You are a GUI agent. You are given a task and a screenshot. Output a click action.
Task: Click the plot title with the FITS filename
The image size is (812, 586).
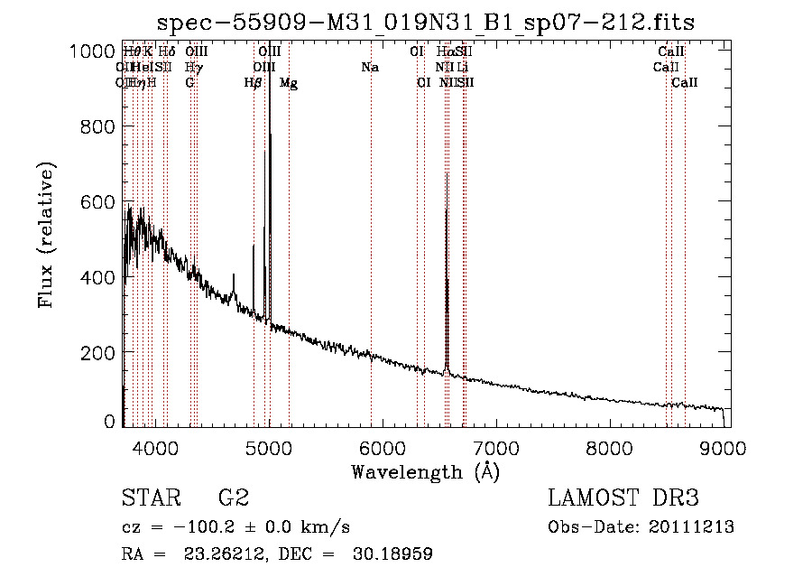(426, 23)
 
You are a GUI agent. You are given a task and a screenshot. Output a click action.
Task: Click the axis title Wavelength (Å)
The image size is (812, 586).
(425, 471)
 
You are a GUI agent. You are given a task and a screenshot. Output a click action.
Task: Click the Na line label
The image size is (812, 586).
(369, 68)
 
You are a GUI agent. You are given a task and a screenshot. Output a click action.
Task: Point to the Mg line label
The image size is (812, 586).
(289, 83)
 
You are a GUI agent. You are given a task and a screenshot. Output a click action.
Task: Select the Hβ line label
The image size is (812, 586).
(253, 83)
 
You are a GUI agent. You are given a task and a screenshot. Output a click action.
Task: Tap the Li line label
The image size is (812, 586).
(462, 68)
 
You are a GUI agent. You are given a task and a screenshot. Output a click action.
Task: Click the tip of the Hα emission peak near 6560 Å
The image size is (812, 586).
(447, 173)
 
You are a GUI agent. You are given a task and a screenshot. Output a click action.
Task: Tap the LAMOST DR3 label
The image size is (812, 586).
(623, 498)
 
